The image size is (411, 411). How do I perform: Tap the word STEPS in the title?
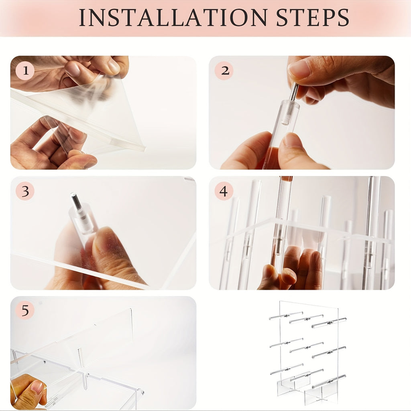[313, 18]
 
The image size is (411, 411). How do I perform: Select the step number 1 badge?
[25, 71]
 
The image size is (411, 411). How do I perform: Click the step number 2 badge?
[224, 71]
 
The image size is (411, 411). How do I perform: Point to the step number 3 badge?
[25, 191]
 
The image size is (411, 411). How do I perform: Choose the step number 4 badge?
[224, 191]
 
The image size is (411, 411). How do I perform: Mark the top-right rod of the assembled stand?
[329, 323]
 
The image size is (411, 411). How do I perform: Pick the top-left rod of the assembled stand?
[286, 316]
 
